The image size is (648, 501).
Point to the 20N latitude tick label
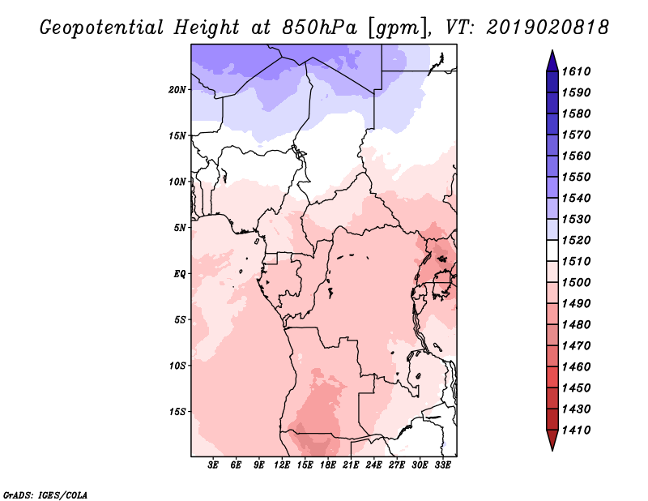[177, 89]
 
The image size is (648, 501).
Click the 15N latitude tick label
[177, 135]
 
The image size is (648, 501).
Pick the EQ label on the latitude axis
[180, 273]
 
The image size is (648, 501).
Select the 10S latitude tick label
[177, 366]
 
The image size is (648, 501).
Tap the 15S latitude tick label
[177, 412]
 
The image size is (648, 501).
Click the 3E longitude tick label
[214, 465]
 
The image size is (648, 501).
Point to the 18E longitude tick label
[328, 465]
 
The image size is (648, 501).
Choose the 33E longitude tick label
[443, 465]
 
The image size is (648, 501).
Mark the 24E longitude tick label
[374, 465]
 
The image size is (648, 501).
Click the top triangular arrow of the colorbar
[551, 61]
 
